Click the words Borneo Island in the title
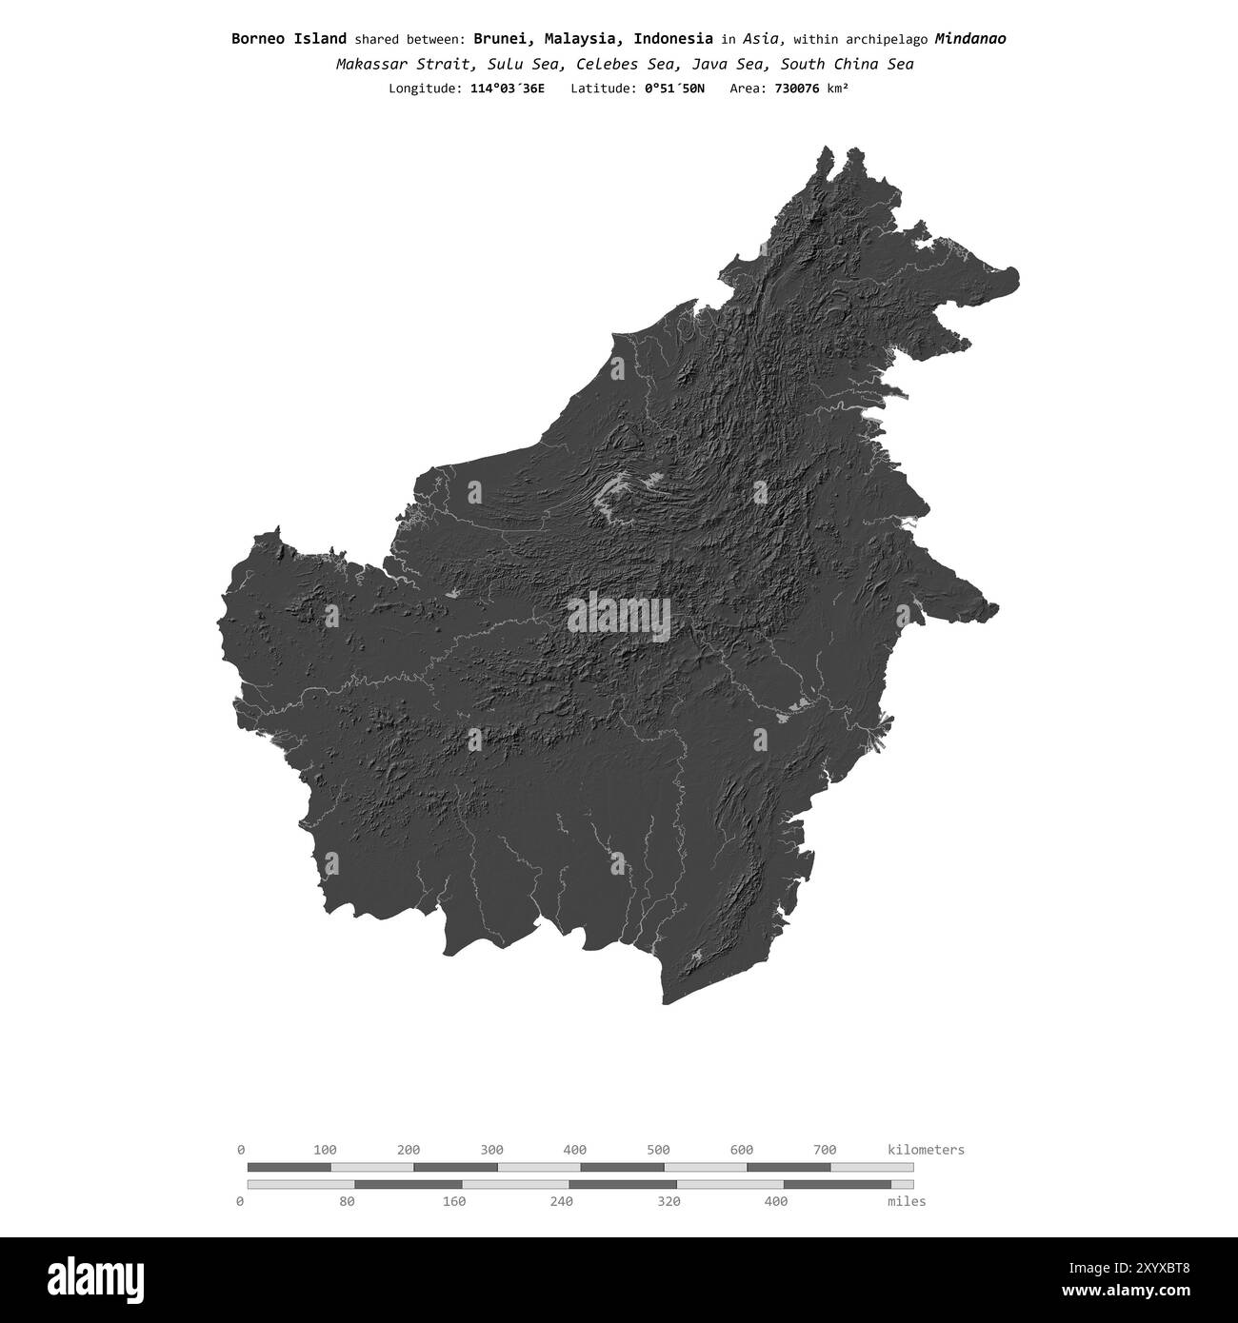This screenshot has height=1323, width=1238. pos(289,39)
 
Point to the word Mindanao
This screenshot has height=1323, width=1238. pos(969,39)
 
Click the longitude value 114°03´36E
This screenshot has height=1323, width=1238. pos(508,89)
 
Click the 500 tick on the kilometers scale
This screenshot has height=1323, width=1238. pos(658,1150)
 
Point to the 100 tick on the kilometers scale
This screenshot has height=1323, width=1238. pos(325,1150)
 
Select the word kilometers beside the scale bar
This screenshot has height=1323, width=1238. pos(926,1150)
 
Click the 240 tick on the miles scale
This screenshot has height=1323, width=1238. pos(562,1201)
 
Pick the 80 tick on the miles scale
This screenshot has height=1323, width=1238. pos(348,1201)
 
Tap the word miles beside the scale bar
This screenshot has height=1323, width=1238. pos(906,1201)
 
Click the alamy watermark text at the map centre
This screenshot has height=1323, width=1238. pos(619,616)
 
